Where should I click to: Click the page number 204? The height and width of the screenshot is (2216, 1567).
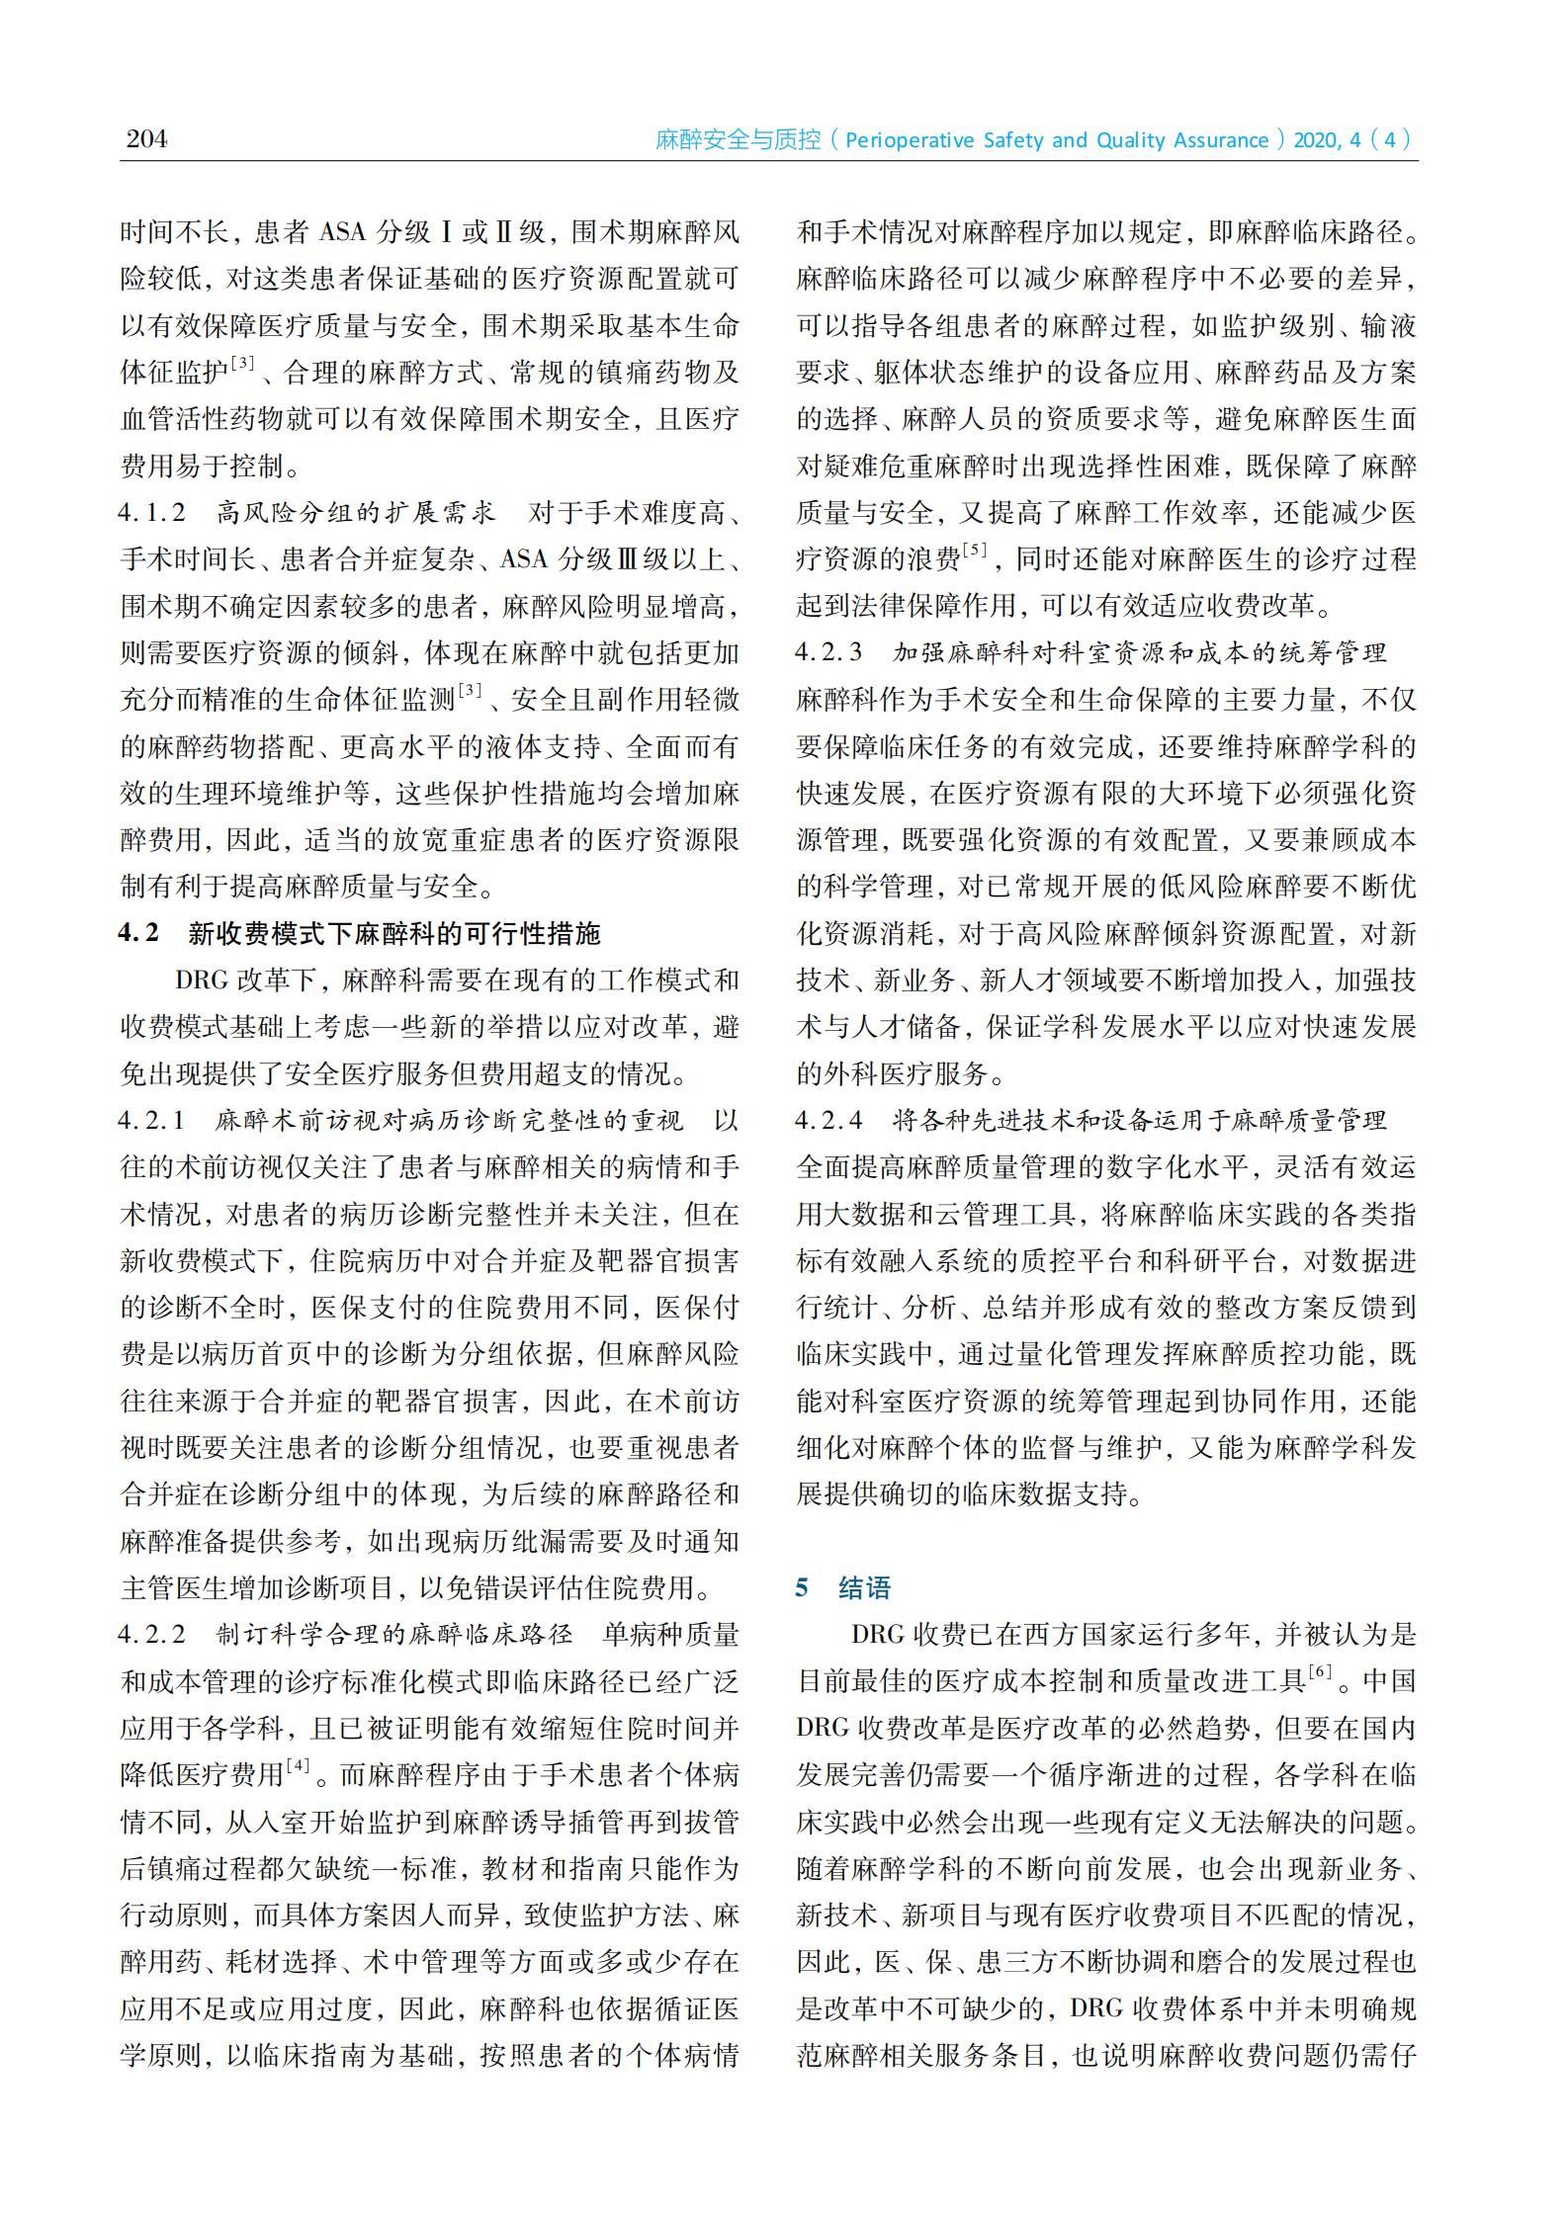[146, 138]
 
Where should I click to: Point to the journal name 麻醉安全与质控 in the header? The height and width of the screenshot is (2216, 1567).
[739, 140]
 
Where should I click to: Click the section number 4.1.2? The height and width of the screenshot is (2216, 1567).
[152, 513]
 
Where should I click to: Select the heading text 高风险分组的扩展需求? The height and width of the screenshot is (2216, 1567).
[356, 513]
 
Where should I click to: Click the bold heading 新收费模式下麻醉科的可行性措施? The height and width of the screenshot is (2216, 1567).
[394, 934]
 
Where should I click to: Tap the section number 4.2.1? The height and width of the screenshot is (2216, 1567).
[152, 1121]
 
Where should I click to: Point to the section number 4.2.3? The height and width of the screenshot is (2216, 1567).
[829, 652]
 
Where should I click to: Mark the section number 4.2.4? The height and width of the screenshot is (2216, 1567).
[829, 1121]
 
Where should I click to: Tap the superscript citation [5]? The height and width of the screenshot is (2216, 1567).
[975, 550]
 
